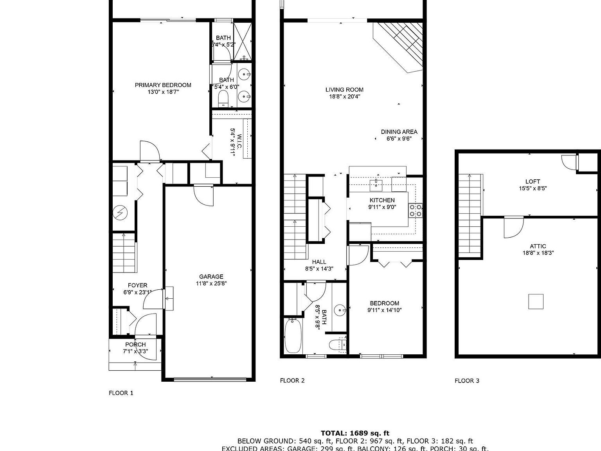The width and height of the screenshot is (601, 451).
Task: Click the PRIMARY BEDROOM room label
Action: [163, 85]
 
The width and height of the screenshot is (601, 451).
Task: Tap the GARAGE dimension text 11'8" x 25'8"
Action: [211, 283]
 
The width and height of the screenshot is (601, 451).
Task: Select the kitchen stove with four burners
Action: [416, 210]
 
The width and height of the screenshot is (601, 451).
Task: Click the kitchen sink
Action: [376, 184]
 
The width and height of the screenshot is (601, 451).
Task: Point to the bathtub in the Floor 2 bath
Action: [293, 336]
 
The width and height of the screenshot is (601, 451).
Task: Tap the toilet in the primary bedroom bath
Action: [223, 99]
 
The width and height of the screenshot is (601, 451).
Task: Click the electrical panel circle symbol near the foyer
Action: [120, 213]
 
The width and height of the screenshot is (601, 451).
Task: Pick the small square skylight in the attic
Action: [536, 301]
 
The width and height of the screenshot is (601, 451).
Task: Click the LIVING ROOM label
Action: [344, 90]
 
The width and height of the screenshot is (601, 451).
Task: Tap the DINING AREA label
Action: [399, 132]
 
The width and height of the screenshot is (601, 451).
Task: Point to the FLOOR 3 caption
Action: [467, 381]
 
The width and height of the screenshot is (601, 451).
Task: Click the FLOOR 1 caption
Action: [121, 393]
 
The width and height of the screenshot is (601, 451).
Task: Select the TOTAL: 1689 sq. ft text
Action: [355, 433]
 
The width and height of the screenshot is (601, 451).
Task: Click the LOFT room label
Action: [533, 182]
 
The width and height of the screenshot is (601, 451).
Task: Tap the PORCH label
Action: [135, 345]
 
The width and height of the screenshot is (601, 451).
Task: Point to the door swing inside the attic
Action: [513, 227]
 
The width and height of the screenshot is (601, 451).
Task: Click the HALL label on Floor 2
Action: [319, 262]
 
